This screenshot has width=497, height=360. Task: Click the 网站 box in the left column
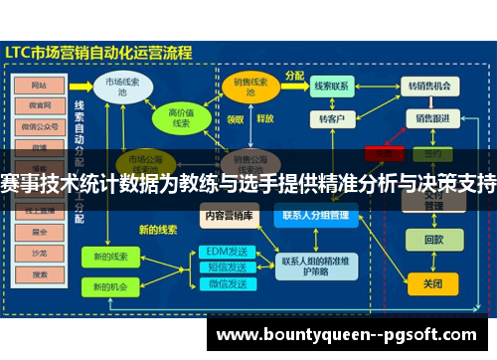tap(40, 85)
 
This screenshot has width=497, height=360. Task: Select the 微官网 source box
tap(40, 104)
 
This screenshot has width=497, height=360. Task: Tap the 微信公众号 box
tap(40, 125)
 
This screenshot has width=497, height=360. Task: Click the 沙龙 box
tap(40, 252)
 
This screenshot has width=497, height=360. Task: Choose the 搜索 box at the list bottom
tap(40, 272)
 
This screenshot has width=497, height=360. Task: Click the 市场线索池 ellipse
tap(122, 87)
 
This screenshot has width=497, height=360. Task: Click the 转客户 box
tap(330, 119)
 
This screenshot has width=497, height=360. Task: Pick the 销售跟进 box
tap(432, 119)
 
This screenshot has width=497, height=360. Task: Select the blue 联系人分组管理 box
tap(315, 214)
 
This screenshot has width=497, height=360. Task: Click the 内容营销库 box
tap(229, 214)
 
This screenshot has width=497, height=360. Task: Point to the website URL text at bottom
tap(348, 335)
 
